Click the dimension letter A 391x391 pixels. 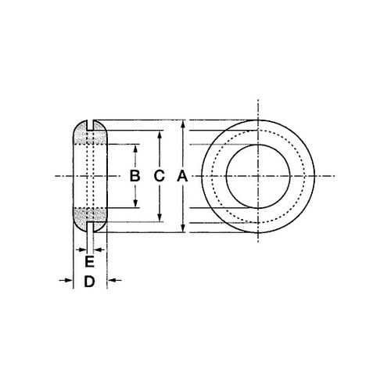(x=182, y=176)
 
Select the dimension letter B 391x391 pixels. (x=135, y=176)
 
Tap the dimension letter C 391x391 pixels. (x=159, y=176)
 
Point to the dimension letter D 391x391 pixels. (x=89, y=282)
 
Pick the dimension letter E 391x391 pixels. (x=89, y=262)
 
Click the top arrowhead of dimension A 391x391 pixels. (x=183, y=124)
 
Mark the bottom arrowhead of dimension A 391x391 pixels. (x=183, y=228)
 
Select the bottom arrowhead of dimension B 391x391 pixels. (x=135, y=203)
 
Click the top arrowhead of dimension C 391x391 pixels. (x=160, y=135)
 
